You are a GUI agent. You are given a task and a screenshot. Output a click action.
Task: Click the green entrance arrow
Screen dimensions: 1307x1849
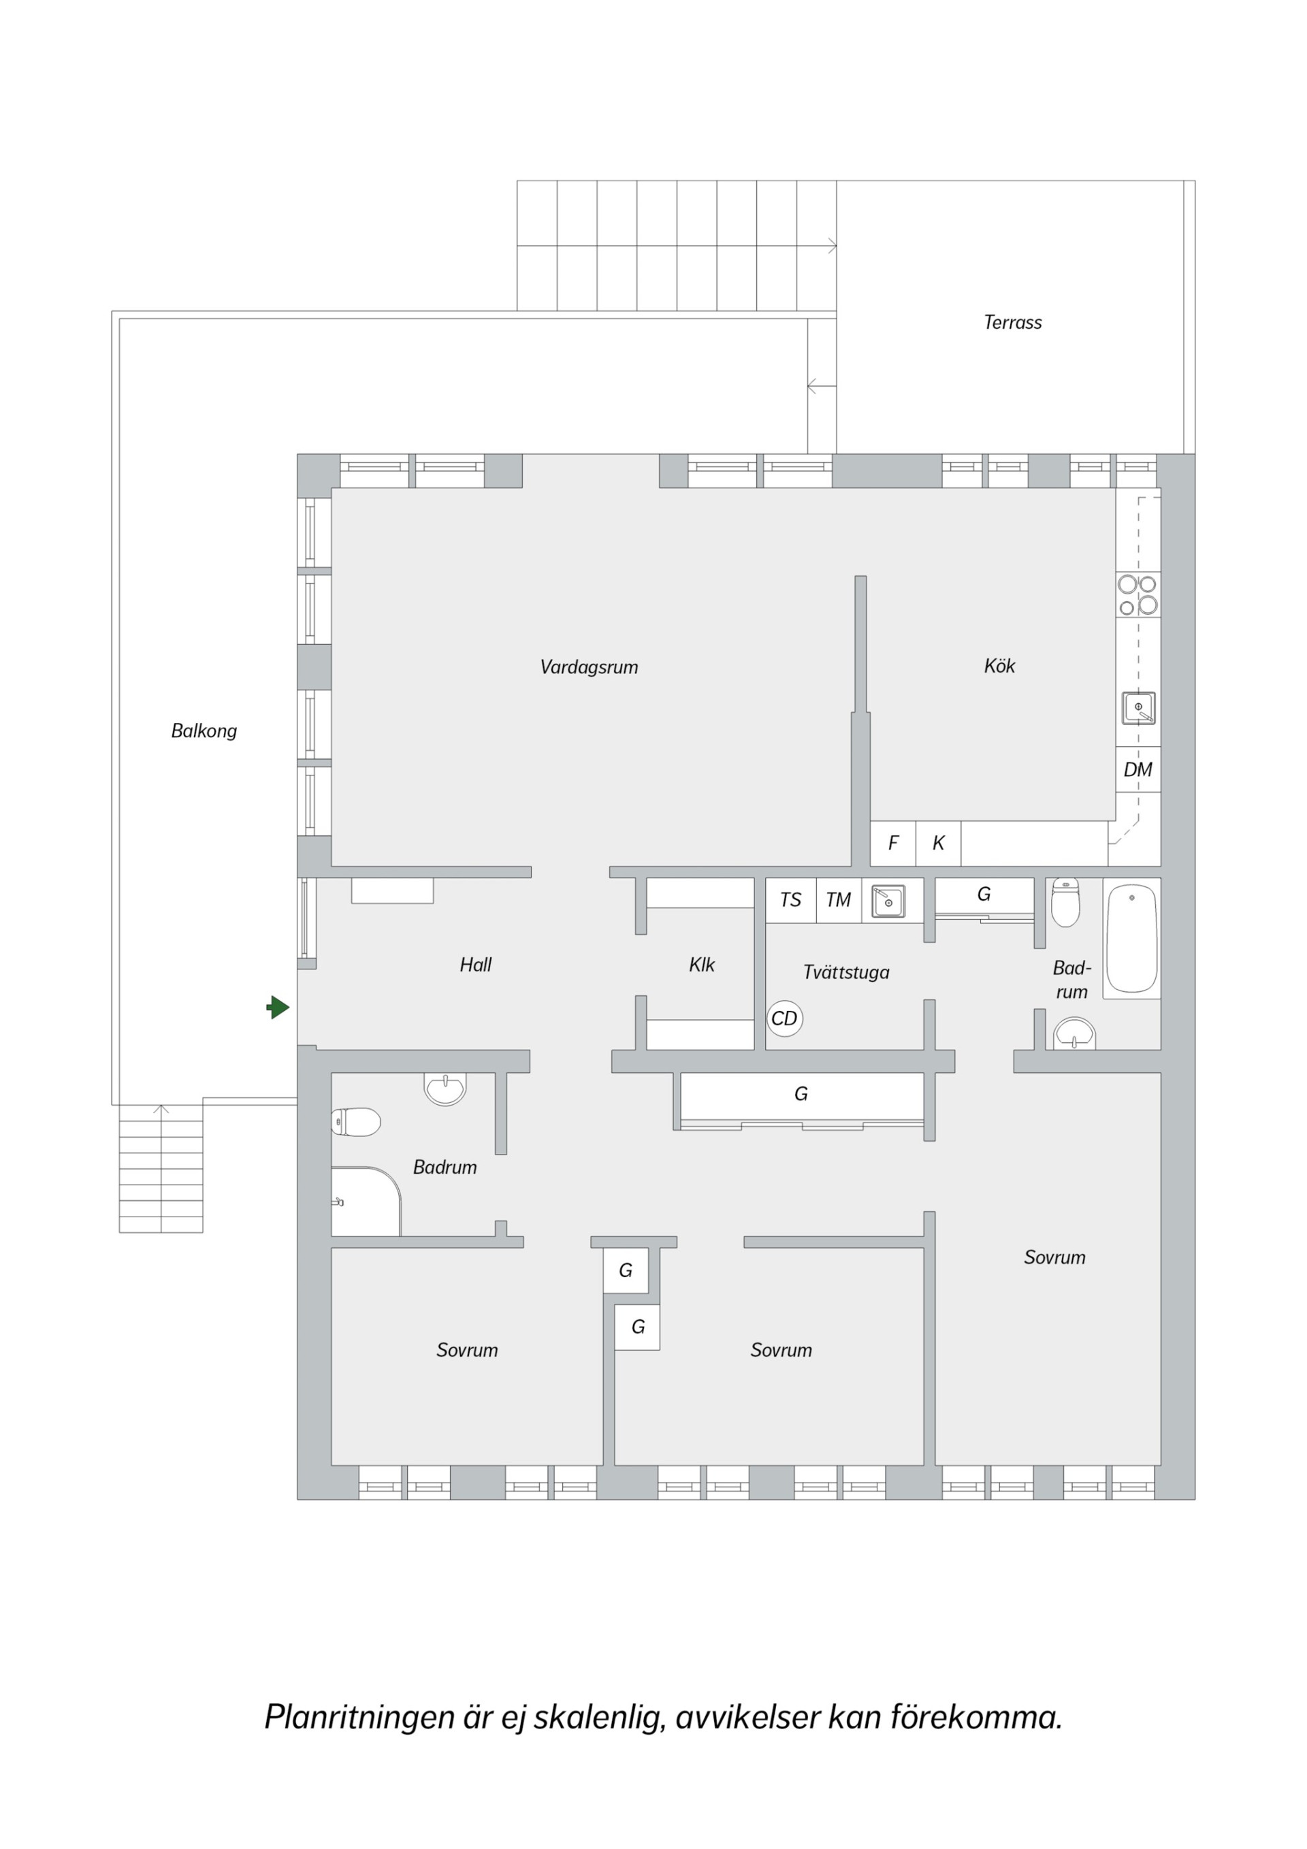coord(278,1007)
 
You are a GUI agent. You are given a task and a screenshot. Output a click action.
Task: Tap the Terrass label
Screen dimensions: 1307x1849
coord(1012,322)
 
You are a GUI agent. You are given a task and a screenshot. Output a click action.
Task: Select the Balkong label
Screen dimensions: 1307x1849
coord(204,731)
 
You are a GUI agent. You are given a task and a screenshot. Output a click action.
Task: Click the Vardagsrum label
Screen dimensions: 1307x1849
coord(589,666)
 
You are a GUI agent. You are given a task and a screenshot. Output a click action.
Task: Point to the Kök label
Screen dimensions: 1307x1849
coord(999,666)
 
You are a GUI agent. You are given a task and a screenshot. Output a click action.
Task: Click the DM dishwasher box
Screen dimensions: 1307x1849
coord(1138,769)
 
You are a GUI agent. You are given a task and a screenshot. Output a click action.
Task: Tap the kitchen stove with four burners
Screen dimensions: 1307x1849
coord(1138,595)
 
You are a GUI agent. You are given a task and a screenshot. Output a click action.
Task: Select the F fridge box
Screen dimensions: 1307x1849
coord(893,843)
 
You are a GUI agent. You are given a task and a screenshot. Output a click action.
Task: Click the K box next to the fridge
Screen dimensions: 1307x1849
coord(938,843)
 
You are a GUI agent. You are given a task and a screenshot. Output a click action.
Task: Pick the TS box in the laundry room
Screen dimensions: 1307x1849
coord(791,899)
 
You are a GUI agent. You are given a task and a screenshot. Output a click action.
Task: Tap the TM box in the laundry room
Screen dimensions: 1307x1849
coord(838,899)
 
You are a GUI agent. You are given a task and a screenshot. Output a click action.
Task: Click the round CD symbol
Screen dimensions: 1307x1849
coord(784,1018)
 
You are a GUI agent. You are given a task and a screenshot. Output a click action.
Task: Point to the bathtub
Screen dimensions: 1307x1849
coord(1131,938)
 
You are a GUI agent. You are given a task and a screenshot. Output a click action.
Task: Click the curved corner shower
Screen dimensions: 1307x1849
coord(366,1202)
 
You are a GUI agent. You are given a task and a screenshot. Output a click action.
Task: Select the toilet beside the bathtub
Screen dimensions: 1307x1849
coord(1065,903)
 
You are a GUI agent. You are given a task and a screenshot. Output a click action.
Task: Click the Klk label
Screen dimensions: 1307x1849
coord(701,965)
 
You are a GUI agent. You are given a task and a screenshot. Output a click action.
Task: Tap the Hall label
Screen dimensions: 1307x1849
coord(475,965)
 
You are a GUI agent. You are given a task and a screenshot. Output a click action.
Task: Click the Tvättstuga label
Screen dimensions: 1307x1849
coord(846,973)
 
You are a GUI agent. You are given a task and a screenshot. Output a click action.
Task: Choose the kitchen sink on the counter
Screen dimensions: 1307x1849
coord(1139,708)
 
